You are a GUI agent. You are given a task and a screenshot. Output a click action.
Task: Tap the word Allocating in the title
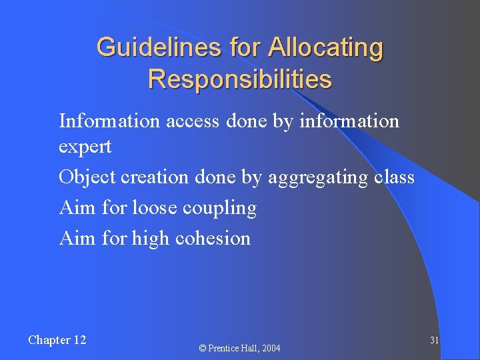[x=326, y=48]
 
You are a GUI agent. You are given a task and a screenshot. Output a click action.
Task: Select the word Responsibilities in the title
[x=239, y=79]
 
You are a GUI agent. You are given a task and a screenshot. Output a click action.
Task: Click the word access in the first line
[x=193, y=121]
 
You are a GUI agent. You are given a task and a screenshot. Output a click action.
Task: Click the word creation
[x=149, y=177]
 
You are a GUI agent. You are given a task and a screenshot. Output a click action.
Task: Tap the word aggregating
[x=317, y=178]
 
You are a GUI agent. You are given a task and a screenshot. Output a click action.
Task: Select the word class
[x=394, y=177]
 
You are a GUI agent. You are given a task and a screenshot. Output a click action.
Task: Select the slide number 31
[x=434, y=340]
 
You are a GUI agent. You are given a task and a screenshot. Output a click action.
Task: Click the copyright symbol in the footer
[x=203, y=349]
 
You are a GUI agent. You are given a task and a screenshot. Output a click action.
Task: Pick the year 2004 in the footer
[x=271, y=349]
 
